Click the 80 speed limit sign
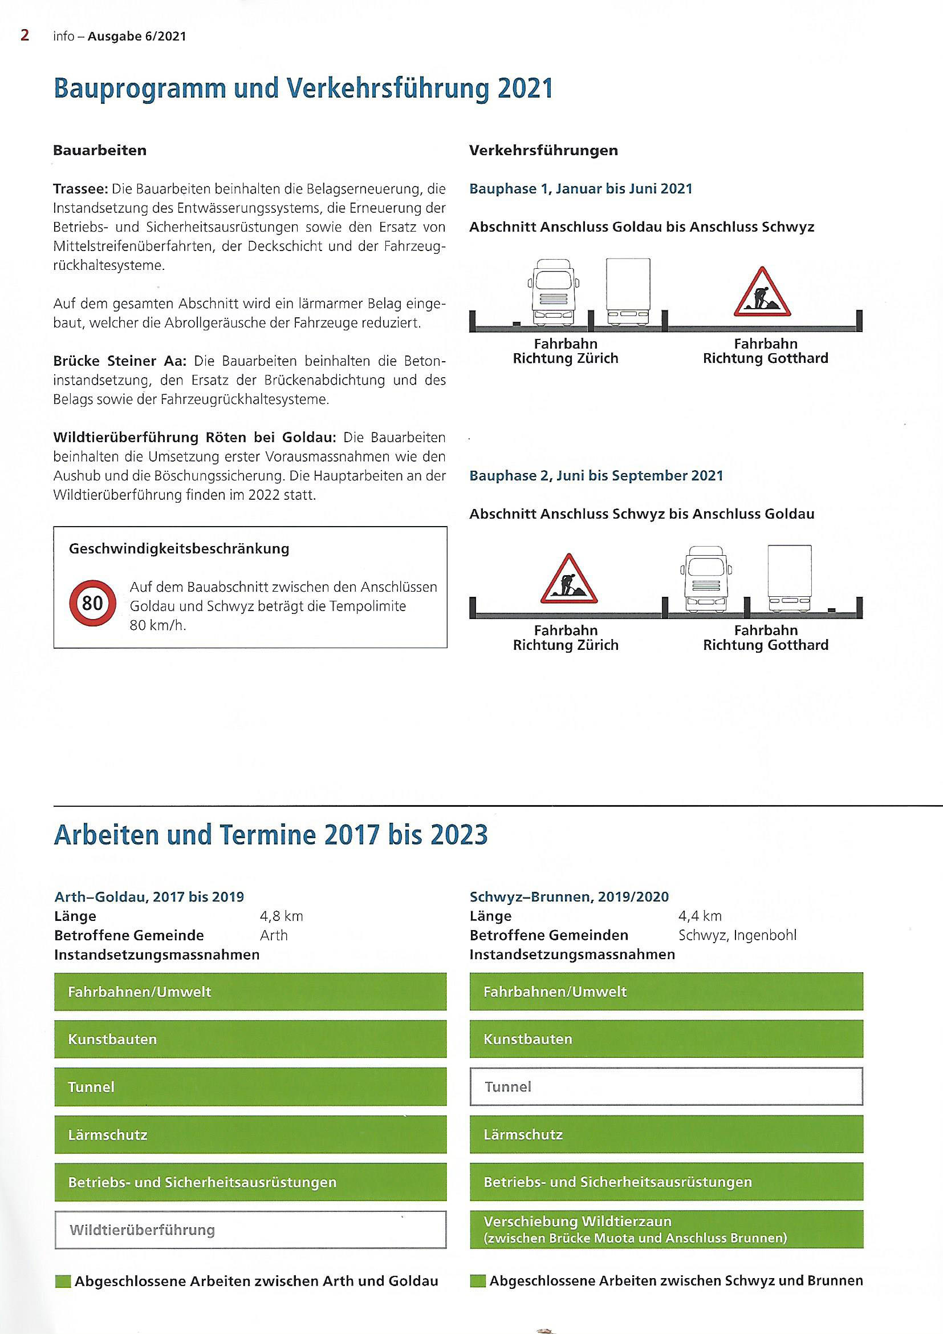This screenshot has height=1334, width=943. point(92,603)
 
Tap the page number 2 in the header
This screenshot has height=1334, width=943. point(25,35)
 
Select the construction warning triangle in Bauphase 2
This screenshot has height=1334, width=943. point(568,580)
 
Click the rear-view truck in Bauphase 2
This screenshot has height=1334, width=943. point(789,579)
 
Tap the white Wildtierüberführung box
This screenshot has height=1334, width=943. point(250,1230)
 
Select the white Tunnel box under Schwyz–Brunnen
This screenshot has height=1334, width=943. point(666,1086)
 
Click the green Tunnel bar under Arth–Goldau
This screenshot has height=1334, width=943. point(250,1086)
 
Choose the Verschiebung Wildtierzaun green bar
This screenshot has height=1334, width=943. point(666,1230)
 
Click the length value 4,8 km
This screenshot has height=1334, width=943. point(281,916)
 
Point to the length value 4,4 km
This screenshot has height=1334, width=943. point(700,916)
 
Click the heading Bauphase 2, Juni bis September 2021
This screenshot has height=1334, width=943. point(596,476)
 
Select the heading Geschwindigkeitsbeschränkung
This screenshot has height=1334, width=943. point(179,548)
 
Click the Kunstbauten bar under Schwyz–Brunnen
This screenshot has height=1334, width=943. point(666,1039)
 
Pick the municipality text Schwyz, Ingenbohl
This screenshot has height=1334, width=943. point(737,935)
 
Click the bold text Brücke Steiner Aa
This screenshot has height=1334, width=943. point(120,361)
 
